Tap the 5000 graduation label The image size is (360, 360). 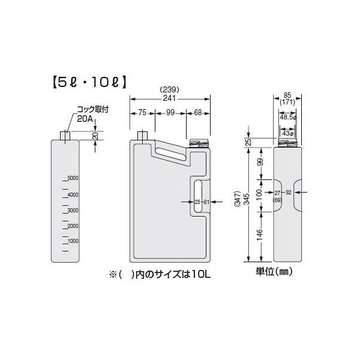73,178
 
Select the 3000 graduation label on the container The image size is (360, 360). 73,211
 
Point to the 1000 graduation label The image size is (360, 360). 73,241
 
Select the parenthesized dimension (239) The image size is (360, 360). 170,91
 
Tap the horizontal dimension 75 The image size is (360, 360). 143,112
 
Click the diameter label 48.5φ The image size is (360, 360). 289,118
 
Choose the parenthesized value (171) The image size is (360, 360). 289,103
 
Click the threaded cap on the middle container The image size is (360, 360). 197,142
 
